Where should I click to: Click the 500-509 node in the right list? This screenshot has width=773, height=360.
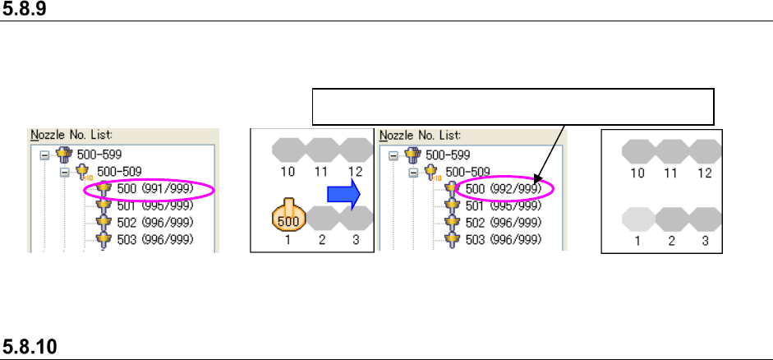click(x=466, y=172)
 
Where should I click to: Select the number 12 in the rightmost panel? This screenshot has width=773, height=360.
click(x=705, y=173)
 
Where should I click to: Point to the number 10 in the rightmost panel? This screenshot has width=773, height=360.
click(x=637, y=173)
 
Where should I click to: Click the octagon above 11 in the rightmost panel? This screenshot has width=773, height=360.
click(x=671, y=150)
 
